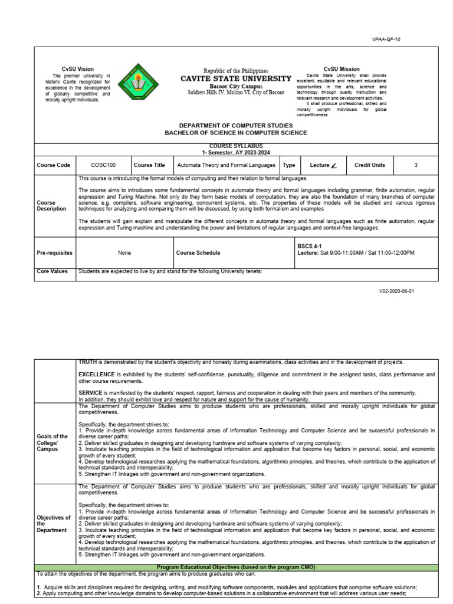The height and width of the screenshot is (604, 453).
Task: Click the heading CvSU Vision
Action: tap(78, 69)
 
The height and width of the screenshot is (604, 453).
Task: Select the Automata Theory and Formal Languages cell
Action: tap(226, 165)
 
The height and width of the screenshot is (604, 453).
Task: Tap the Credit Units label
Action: tap(370, 165)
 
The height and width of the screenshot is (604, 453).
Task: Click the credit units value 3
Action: tap(416, 165)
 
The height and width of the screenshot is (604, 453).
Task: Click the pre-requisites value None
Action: tap(124, 252)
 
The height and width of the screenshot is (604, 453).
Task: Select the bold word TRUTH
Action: tap(88, 362)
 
